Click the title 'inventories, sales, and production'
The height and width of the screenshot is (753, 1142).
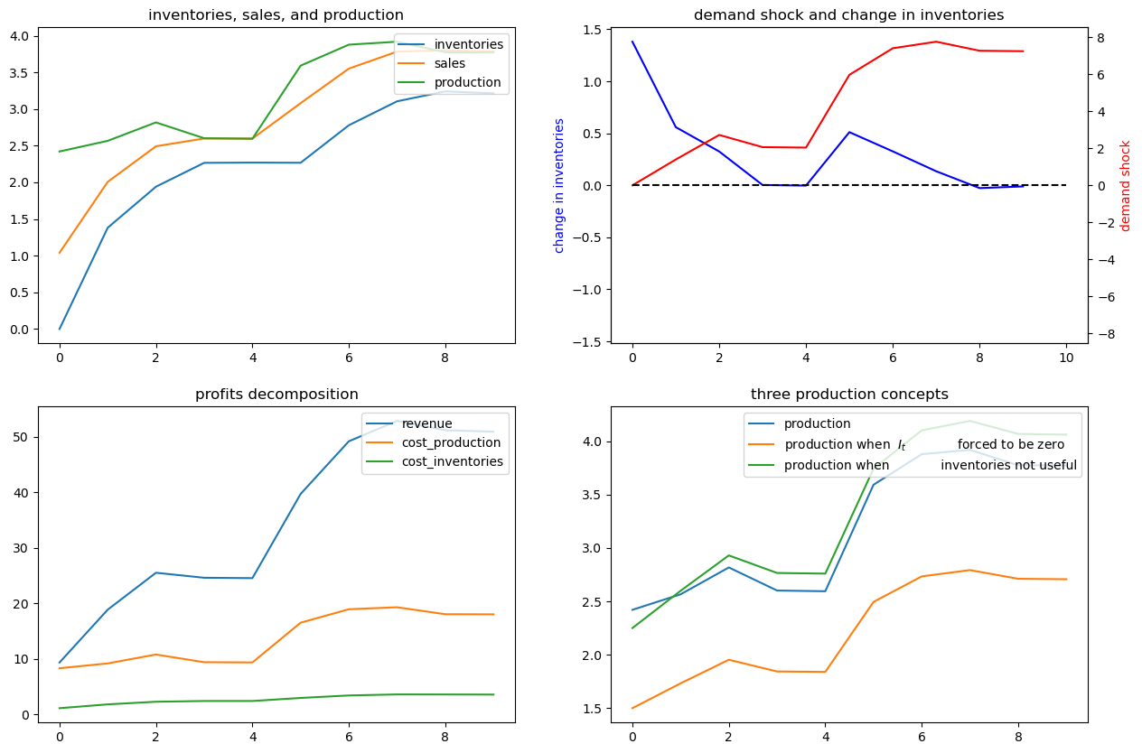click(x=276, y=15)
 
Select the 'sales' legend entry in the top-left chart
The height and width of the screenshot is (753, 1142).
click(x=450, y=63)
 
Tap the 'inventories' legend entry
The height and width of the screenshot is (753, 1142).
click(x=469, y=44)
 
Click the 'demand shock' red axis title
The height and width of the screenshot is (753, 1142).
click(x=1125, y=187)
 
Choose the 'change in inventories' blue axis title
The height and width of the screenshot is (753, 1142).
click(x=558, y=186)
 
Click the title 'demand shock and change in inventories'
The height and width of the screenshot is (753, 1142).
click(x=849, y=15)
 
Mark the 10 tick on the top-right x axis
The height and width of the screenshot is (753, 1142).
click(x=1066, y=358)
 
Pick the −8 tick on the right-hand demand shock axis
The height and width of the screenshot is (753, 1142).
click(x=1104, y=334)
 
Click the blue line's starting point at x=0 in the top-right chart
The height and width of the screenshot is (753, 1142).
click(x=632, y=42)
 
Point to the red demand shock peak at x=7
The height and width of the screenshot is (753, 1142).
click(x=936, y=42)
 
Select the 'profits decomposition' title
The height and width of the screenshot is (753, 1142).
click(x=276, y=395)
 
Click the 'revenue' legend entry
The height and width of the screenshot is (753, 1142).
click(x=426, y=423)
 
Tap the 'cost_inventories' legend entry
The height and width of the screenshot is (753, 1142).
click(x=453, y=461)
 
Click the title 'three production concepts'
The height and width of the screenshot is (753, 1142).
click(x=849, y=395)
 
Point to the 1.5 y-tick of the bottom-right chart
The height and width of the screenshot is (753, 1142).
click(x=593, y=709)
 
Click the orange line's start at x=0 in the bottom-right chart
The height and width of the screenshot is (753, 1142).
click(x=632, y=708)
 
